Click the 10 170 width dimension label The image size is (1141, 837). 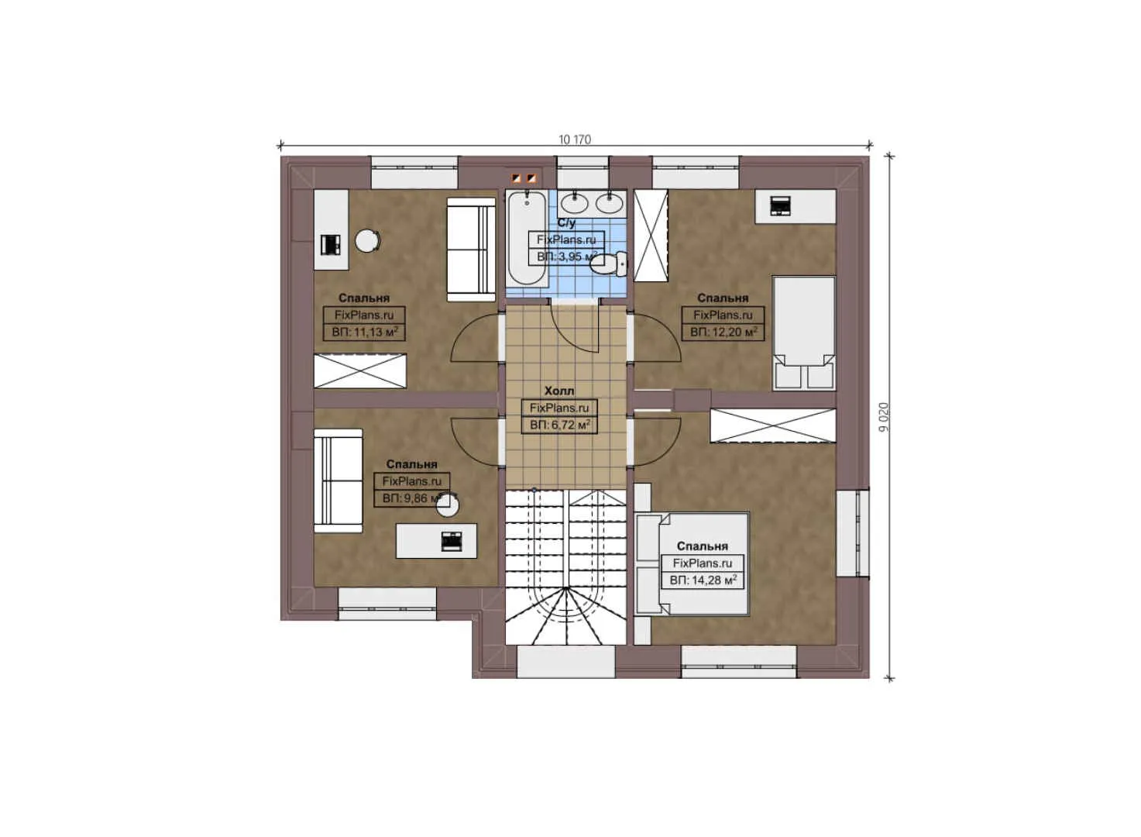[x=574, y=139]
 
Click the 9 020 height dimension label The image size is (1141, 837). [x=884, y=417]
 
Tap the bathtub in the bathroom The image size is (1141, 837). [x=527, y=239]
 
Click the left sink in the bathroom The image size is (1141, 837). [x=574, y=204]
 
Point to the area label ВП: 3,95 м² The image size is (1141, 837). [x=566, y=257]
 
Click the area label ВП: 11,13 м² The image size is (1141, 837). [x=364, y=332]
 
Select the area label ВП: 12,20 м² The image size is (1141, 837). [x=723, y=332]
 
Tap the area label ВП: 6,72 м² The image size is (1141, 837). [x=559, y=425]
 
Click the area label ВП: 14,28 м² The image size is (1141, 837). [x=703, y=580]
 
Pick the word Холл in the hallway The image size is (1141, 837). [x=559, y=391]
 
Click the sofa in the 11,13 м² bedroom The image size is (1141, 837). [x=471, y=249]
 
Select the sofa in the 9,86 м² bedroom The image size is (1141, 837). [x=338, y=480]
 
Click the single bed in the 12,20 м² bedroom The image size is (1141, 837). [x=804, y=332]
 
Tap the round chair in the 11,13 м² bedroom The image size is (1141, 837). [x=367, y=241]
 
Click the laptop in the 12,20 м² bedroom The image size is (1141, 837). [x=780, y=206]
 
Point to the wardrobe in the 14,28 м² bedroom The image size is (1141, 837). [x=773, y=425]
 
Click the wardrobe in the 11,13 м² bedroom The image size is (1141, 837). [x=360, y=370]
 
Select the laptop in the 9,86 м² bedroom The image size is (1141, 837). [x=452, y=541]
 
